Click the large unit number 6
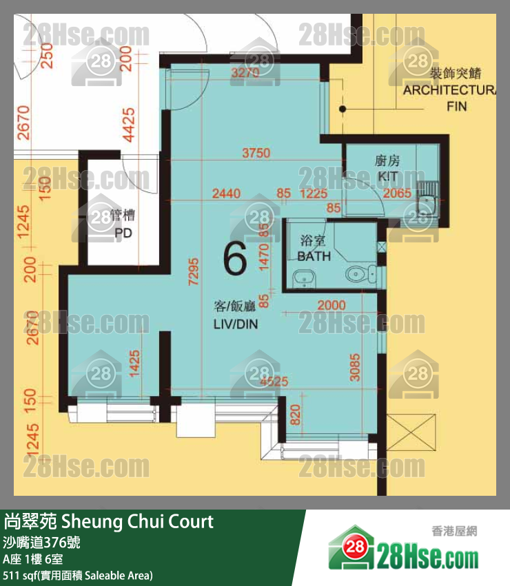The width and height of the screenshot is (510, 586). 235,260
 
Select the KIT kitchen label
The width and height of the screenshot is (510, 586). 387,177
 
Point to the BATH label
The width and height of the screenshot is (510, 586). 314,256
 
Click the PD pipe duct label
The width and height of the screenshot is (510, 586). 123,233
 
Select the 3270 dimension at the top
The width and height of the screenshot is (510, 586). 245,72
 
